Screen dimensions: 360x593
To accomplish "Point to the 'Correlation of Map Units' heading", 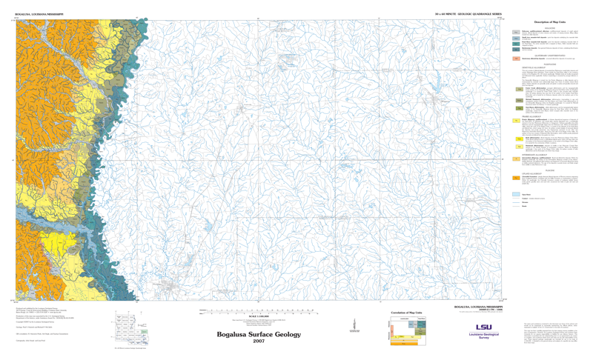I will [x=405, y=313].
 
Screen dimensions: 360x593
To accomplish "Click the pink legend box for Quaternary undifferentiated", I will [x=515, y=58].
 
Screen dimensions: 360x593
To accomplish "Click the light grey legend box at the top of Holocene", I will [x=515, y=33].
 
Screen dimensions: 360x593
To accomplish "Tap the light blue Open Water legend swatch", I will [x=515, y=195].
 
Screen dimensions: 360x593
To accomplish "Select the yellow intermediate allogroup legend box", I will [x=515, y=159].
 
